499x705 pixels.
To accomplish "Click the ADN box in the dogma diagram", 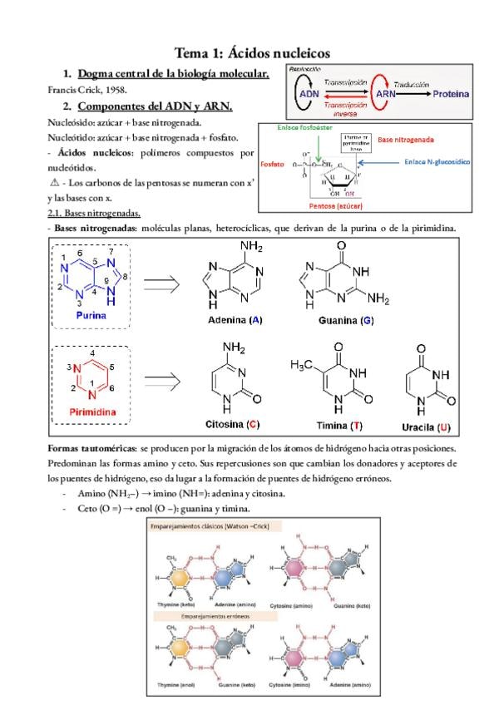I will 307,94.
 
